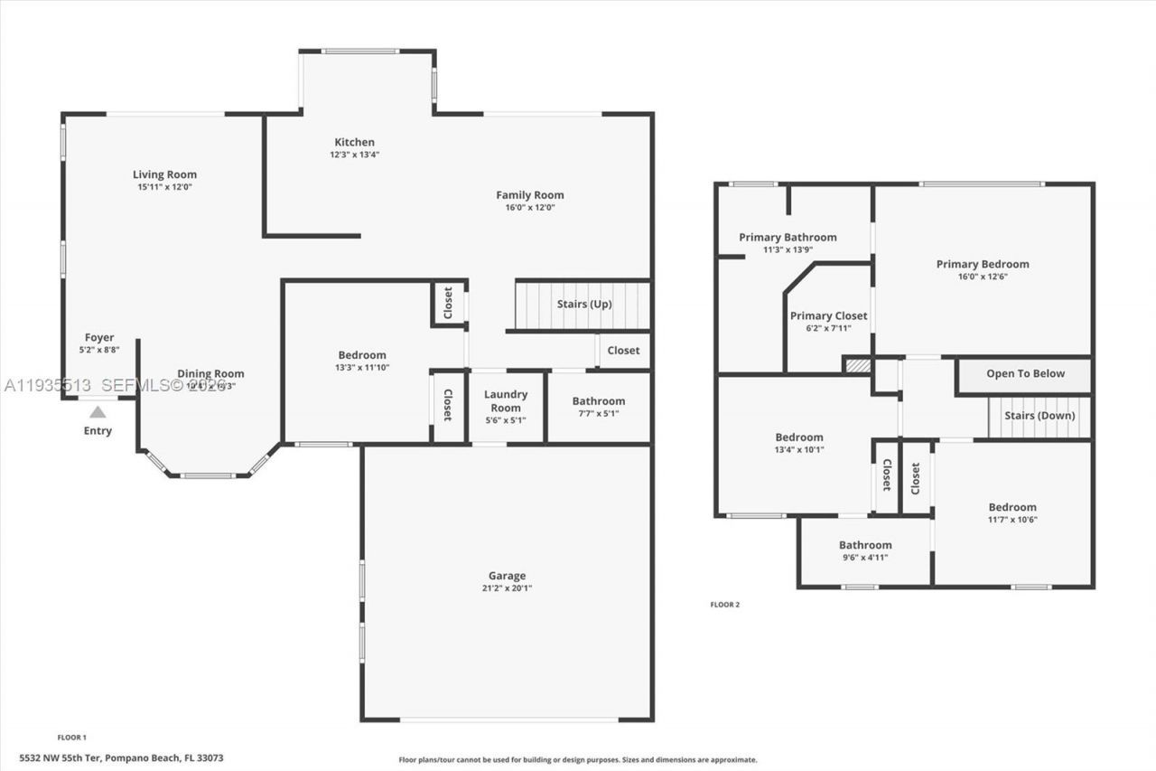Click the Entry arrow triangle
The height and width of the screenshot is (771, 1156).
pyautogui.click(x=98, y=412)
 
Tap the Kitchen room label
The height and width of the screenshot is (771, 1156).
pyautogui.click(x=354, y=142)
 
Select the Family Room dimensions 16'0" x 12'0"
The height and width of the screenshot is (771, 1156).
pyautogui.click(x=530, y=207)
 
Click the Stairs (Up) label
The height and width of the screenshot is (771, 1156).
pyautogui.click(x=584, y=305)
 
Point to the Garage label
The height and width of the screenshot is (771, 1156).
pyautogui.click(x=507, y=576)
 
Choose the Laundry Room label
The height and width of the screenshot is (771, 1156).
pyautogui.click(x=506, y=400)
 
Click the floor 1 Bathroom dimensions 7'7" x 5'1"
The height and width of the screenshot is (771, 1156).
pyautogui.click(x=598, y=414)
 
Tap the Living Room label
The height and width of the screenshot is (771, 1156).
pyautogui.click(x=164, y=174)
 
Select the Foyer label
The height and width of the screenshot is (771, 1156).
pyautogui.click(x=99, y=338)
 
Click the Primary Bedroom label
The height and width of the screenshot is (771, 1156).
pyautogui.click(x=983, y=264)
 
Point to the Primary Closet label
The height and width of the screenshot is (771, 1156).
pyautogui.click(x=828, y=315)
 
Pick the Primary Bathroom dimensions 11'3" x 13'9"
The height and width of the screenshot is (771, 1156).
pyautogui.click(x=788, y=250)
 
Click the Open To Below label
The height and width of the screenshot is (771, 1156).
pyautogui.click(x=1025, y=373)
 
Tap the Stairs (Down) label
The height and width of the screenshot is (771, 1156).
pyautogui.click(x=1039, y=416)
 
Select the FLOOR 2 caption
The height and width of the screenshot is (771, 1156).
pyautogui.click(x=724, y=605)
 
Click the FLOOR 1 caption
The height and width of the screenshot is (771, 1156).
pyautogui.click(x=71, y=738)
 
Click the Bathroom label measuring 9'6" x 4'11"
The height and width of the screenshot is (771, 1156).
pyautogui.click(x=865, y=545)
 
